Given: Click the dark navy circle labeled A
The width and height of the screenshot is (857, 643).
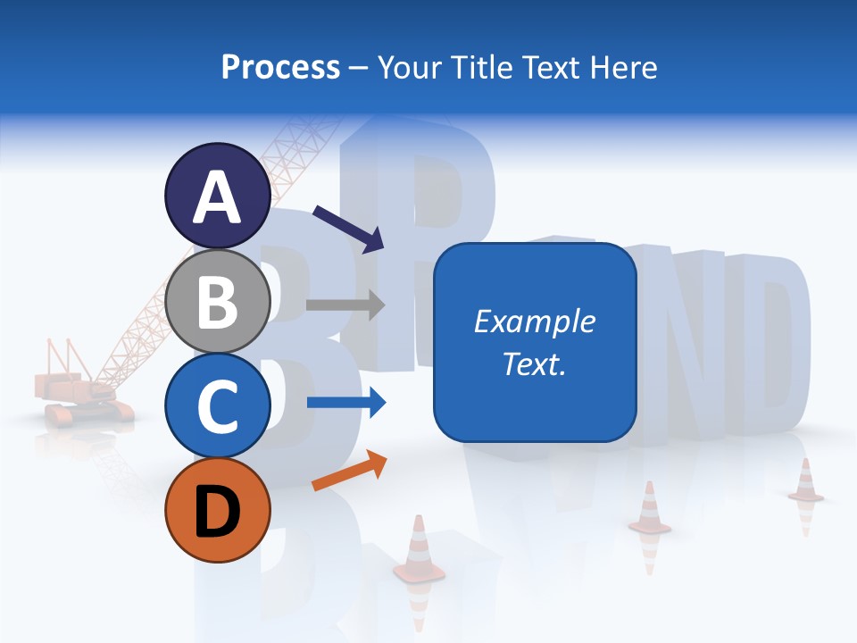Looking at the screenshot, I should click(x=217, y=197).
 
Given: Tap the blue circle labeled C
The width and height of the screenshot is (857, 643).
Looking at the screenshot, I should click(x=217, y=406).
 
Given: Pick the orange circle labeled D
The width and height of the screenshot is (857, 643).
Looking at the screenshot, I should click(x=217, y=510).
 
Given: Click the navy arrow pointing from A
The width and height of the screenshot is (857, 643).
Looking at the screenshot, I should click(x=348, y=227).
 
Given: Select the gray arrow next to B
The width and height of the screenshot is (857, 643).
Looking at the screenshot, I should click(x=345, y=305).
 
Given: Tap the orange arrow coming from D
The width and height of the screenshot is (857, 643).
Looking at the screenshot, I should click(x=349, y=471).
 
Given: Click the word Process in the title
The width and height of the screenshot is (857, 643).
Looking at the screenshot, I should click(x=280, y=68).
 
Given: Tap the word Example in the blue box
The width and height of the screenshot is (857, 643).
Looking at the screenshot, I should click(x=534, y=321).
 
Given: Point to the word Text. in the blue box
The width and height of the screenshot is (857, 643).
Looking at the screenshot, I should click(x=534, y=363).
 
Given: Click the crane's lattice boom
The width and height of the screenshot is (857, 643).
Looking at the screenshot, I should click(x=223, y=250).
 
